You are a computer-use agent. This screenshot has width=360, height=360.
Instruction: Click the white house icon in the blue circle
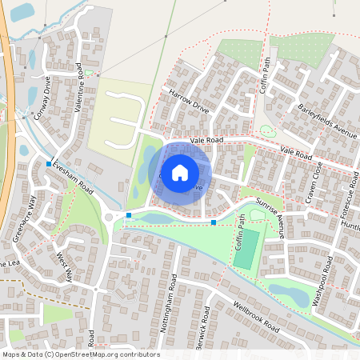click(x=180, y=172)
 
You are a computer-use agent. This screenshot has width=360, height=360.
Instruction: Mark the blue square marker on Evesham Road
click(x=49, y=164)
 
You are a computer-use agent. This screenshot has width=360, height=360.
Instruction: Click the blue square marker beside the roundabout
click(x=129, y=215)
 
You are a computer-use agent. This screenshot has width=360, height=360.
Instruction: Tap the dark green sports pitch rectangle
click(x=249, y=244)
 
